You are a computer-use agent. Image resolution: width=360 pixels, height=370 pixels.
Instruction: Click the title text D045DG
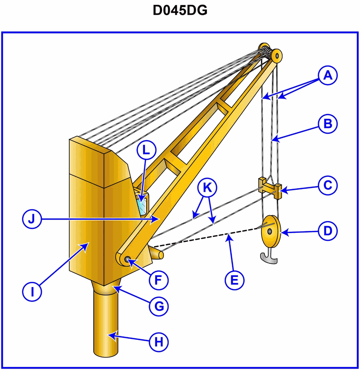(180, 11)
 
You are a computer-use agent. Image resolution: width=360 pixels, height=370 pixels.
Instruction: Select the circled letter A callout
(328, 75)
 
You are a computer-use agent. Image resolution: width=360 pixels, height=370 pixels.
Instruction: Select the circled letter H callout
(158, 342)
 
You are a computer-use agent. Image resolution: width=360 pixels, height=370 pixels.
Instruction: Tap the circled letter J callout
(32, 219)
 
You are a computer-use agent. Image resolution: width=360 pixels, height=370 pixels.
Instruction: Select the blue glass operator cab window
(142, 203)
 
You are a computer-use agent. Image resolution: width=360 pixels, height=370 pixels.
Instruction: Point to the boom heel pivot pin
(126, 260)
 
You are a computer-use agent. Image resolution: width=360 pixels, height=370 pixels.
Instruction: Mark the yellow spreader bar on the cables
(270, 186)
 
